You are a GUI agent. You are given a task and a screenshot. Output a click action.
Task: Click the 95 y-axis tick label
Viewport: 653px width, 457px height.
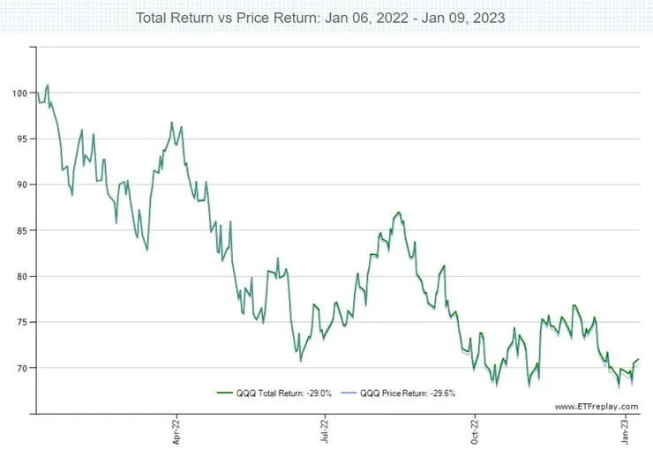21,139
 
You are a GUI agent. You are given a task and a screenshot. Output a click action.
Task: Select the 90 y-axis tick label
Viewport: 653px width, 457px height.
21,184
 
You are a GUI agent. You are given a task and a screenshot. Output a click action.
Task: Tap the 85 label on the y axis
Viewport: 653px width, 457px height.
21,230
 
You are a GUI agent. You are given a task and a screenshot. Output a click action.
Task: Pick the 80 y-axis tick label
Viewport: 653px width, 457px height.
21,276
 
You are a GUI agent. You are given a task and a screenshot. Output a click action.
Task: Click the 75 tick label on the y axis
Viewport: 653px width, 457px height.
21,322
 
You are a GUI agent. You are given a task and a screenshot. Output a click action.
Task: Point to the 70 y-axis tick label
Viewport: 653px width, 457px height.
21,368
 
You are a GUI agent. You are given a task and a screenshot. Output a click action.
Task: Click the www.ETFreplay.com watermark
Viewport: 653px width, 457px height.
597,406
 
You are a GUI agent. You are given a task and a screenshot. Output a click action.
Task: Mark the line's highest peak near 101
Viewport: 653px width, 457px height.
48,86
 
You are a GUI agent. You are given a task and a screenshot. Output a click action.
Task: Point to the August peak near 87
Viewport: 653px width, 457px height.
399,212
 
